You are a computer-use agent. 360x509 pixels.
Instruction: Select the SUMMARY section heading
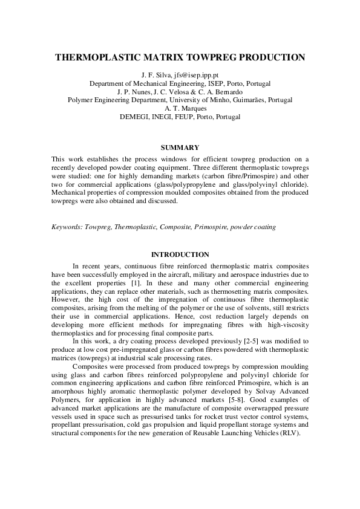(180, 147)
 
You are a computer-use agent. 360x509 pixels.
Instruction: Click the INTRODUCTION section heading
(180, 254)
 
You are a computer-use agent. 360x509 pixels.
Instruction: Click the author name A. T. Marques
(180, 108)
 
